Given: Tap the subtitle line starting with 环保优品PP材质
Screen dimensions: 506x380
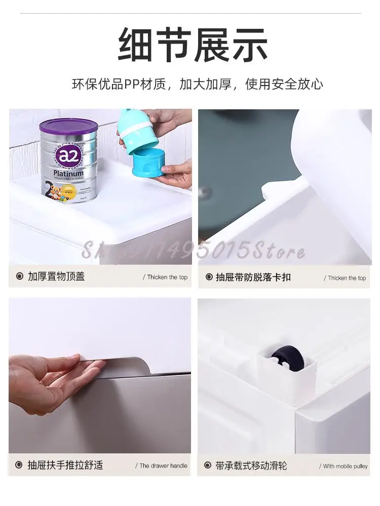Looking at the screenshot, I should pyautogui.click(x=197, y=84).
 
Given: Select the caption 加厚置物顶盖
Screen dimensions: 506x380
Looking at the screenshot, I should pyautogui.click(x=56, y=277).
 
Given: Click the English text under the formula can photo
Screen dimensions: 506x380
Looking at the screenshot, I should pyautogui.click(x=165, y=277).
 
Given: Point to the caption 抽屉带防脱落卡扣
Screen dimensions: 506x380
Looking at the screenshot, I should pyautogui.click(x=253, y=277).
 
